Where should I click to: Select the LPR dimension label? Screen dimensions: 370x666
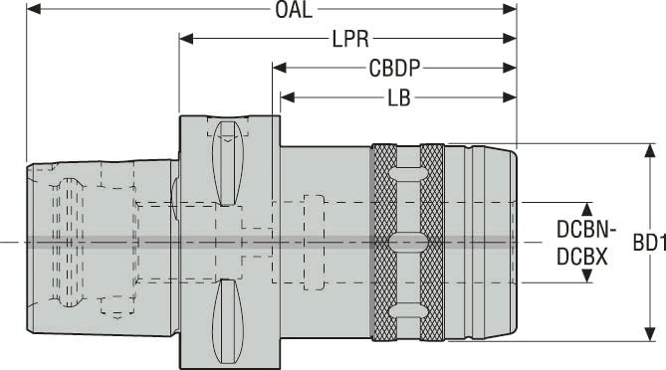349,40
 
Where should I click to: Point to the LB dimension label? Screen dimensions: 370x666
399,97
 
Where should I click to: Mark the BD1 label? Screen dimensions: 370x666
648,242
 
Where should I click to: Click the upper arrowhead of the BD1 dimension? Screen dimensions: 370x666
651,150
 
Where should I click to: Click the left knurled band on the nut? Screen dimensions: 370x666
383,242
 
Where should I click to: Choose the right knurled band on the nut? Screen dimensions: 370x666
432,242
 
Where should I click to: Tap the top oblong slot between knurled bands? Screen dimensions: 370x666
407,173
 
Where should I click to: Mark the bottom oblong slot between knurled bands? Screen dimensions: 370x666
407,311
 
